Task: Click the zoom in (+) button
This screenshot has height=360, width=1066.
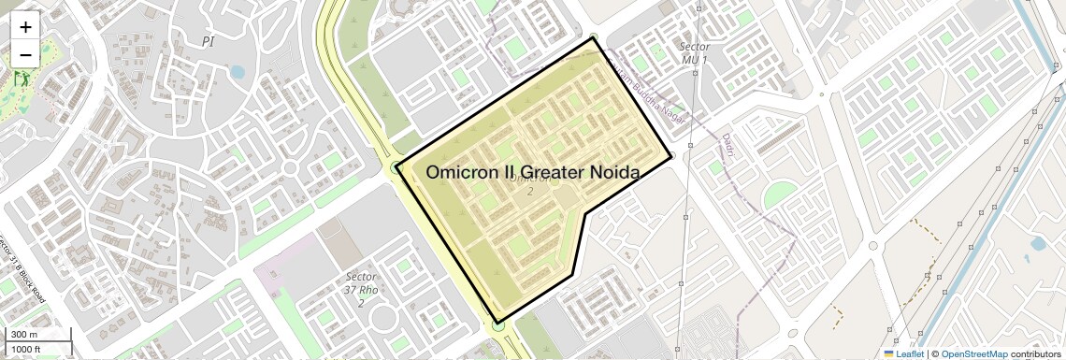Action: pos(25,27)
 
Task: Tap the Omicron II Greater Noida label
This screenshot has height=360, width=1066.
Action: pos(532,172)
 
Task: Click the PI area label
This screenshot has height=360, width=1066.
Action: pos(208,41)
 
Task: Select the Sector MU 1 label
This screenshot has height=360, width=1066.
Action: pos(694,53)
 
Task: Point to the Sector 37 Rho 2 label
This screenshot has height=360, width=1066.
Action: pos(361,289)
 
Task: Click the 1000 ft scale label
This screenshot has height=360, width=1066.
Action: pos(25,349)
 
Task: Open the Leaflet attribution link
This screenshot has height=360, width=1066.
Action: pos(903,353)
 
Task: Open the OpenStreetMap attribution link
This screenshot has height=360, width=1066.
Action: pos(974,353)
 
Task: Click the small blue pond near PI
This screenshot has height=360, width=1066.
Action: pos(238,71)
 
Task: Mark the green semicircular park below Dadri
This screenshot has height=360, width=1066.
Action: pos(780,196)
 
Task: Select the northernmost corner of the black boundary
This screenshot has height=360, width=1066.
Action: pos(593,38)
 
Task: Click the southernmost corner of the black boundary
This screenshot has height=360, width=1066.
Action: pos(497,324)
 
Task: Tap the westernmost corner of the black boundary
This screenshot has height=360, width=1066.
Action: pos(396,167)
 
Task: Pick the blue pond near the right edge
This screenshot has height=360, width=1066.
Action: pos(1038,245)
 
